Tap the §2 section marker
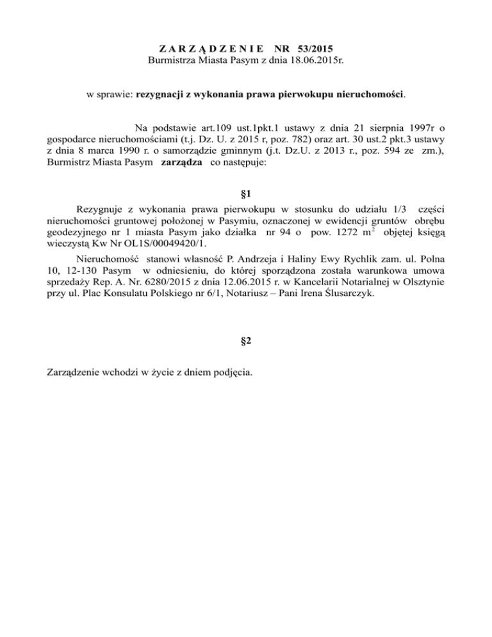coord(245,342)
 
